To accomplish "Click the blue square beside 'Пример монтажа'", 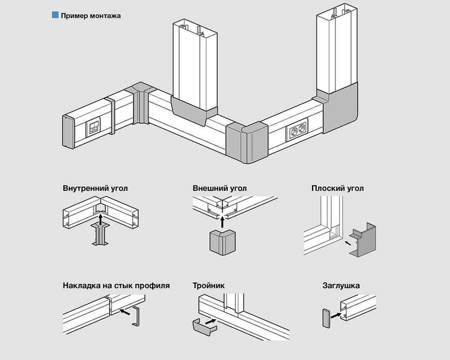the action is (x=55, y=15).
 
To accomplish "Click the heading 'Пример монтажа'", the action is (x=91, y=15).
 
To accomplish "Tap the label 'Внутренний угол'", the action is (x=95, y=188).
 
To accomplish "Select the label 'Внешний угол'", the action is (x=220, y=188).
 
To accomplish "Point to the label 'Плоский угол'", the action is (x=337, y=188).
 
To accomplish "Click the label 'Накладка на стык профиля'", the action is (x=116, y=285).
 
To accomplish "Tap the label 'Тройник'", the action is (x=209, y=285).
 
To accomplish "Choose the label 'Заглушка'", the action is (x=341, y=285).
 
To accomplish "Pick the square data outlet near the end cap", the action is (x=93, y=127).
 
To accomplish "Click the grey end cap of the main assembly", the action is (x=68, y=132).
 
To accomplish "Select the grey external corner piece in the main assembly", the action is (x=247, y=142).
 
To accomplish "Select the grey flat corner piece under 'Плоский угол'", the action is (x=363, y=240).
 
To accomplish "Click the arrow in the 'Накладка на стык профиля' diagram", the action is (x=124, y=311).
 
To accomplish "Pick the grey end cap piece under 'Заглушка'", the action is (x=326, y=318).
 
